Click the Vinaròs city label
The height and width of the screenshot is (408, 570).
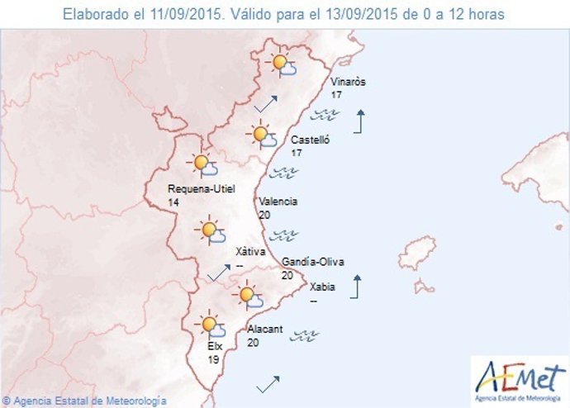click(x=347, y=83)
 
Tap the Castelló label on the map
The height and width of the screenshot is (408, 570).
click(x=311, y=140)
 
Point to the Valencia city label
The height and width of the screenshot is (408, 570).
click(x=278, y=201)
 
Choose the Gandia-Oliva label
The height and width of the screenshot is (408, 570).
click(x=312, y=263)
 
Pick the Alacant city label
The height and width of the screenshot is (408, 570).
click(x=265, y=329)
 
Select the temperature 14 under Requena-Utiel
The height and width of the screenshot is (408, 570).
click(x=173, y=202)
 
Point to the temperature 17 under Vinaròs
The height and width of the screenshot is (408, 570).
click(x=336, y=96)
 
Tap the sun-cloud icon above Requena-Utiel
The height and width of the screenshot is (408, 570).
click(x=202, y=166)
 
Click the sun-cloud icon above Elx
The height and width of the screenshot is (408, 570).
click(x=208, y=325)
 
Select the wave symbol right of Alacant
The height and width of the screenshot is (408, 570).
click(x=307, y=334)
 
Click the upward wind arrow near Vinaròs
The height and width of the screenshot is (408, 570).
click(x=359, y=121)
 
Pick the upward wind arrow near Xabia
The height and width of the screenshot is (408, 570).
click(x=356, y=287)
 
